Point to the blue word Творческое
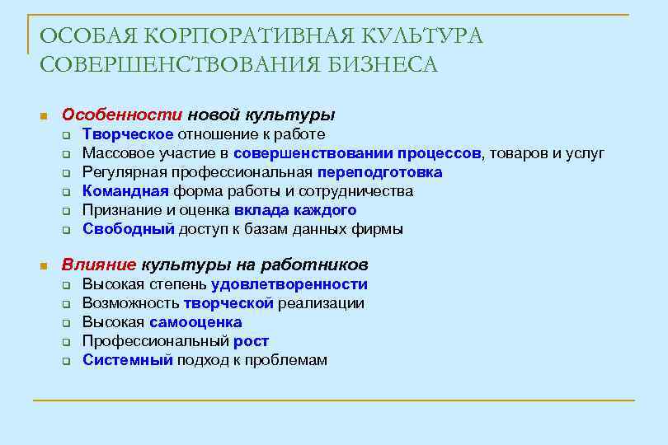128,134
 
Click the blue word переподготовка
379,172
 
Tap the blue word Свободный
129,229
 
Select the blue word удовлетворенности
289,284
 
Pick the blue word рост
251,341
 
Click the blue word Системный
128,360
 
